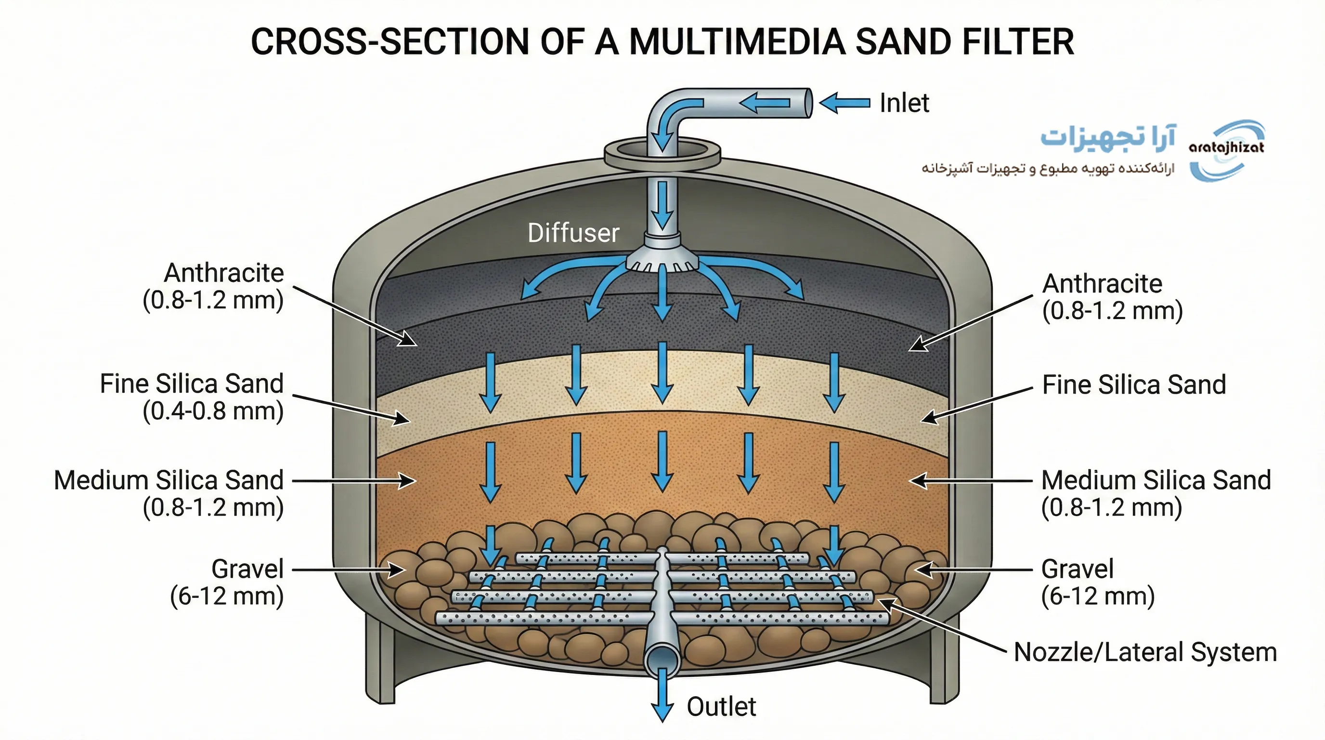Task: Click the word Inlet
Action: tap(904, 103)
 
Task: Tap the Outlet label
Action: tap(721, 707)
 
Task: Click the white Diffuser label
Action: tap(573, 233)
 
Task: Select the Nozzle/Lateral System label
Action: tap(1145, 652)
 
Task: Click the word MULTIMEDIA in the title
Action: tap(737, 42)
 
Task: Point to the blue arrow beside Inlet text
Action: tap(844, 103)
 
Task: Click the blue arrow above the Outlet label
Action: tap(662, 695)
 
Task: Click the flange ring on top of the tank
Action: tap(662, 154)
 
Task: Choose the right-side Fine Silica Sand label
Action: tap(1134, 385)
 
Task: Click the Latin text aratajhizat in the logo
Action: tap(1226, 148)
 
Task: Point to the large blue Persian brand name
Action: tap(1108, 138)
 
